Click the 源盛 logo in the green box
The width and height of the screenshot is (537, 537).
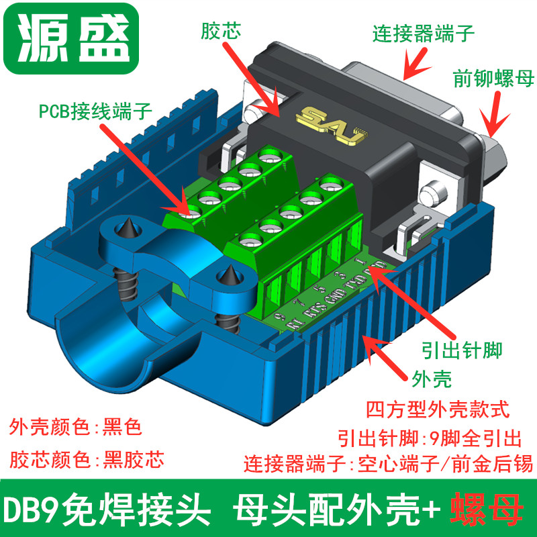pos(71,38)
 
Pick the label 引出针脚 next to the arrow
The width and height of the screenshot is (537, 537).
pos(459,348)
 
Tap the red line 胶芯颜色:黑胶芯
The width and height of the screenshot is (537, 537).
pos(87,460)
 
